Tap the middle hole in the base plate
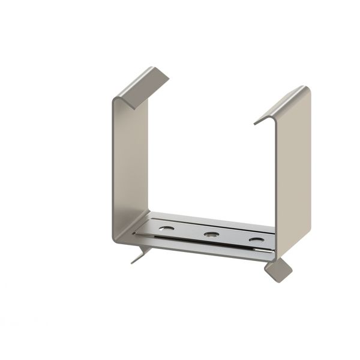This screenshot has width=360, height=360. tap(211, 234)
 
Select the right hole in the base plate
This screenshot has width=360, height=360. tap(256, 239)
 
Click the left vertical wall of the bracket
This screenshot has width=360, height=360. tap(127, 162)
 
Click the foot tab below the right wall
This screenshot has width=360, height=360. tap(279, 269)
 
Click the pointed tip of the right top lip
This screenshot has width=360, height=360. tap(255, 123)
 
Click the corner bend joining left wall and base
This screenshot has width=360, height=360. tap(120, 237)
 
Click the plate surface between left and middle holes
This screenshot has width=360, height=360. tap(188, 231)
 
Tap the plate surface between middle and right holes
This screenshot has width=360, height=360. tap(233, 236)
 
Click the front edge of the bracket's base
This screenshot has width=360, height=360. tap(198, 251)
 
